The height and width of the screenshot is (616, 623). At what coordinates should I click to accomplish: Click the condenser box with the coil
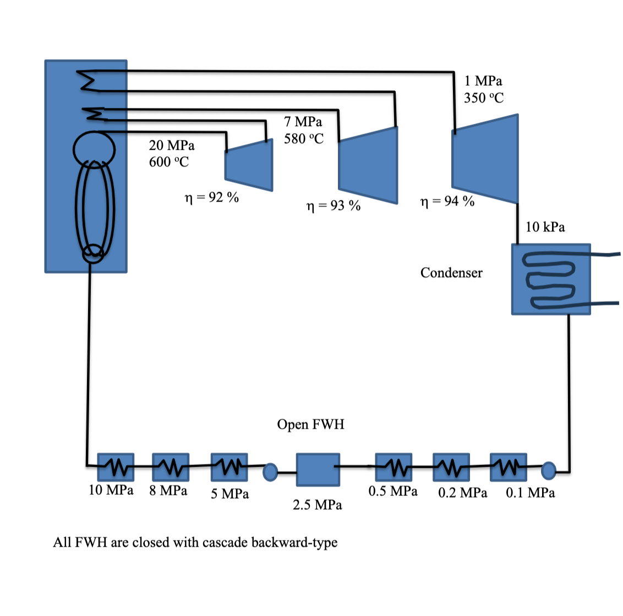(550, 279)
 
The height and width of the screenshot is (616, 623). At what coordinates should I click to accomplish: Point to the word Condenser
(451, 273)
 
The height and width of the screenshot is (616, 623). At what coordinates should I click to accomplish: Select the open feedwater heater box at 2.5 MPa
(318, 470)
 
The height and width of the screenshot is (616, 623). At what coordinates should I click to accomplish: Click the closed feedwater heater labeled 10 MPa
(116, 467)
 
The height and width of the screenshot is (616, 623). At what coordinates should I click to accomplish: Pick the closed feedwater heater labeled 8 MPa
(171, 467)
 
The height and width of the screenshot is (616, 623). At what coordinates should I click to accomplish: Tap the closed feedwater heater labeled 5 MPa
(229, 466)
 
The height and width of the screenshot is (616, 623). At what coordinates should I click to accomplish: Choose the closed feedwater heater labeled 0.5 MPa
(394, 467)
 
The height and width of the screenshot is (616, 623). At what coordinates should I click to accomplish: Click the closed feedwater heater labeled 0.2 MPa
(451, 467)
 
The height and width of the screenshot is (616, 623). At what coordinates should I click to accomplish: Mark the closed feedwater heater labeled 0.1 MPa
(508, 466)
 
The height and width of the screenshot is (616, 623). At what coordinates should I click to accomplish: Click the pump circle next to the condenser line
(548, 470)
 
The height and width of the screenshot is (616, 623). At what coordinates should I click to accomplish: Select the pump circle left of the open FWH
(270, 472)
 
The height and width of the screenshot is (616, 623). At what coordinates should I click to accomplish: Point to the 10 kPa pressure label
(545, 227)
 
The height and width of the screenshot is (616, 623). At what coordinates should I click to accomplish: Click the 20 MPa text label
(171, 145)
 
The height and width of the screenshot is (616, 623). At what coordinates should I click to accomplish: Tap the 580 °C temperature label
(303, 138)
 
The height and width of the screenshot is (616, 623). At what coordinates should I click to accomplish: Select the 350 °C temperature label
(483, 98)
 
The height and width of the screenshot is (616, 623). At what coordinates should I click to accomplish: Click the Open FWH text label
(310, 424)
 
